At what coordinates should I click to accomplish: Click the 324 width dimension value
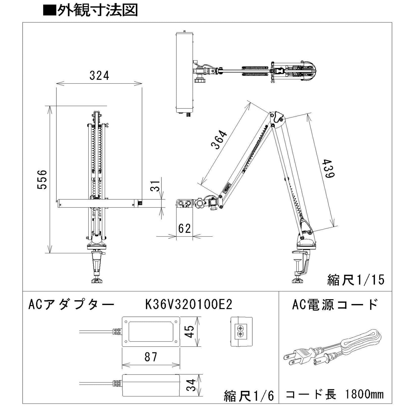(x=99, y=76)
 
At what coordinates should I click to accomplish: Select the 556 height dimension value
(x=42, y=180)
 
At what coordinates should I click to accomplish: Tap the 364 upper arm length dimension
(x=219, y=139)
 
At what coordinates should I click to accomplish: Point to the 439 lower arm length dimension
(x=328, y=169)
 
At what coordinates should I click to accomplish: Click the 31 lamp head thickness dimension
(x=156, y=185)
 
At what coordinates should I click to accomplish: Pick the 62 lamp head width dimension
(x=184, y=228)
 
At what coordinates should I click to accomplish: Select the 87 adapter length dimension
(x=150, y=357)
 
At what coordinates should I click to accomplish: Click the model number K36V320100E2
(x=189, y=305)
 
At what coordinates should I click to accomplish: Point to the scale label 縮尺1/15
(x=356, y=280)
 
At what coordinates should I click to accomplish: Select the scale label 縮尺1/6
(x=249, y=396)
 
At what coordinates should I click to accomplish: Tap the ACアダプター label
(x=71, y=305)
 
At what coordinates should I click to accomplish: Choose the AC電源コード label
(x=335, y=305)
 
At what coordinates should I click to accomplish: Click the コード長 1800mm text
(x=335, y=394)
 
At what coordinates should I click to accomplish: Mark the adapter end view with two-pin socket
(x=241, y=331)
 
